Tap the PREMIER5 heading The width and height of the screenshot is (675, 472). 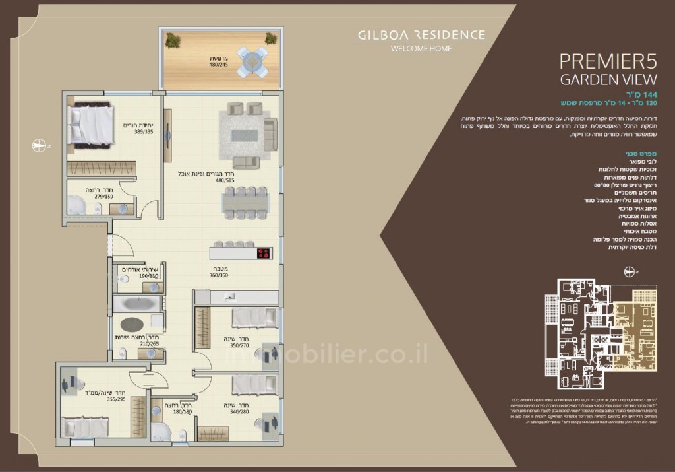coord(608,61)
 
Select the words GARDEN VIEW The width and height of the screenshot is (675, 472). coord(608,80)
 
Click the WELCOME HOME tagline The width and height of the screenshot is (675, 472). coord(421,49)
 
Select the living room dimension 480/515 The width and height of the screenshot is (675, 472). coord(225,180)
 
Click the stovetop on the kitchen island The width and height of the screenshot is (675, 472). coord(264,253)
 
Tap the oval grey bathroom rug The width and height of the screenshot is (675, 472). coord(132,325)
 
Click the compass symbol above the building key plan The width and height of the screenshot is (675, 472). coord(631,271)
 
